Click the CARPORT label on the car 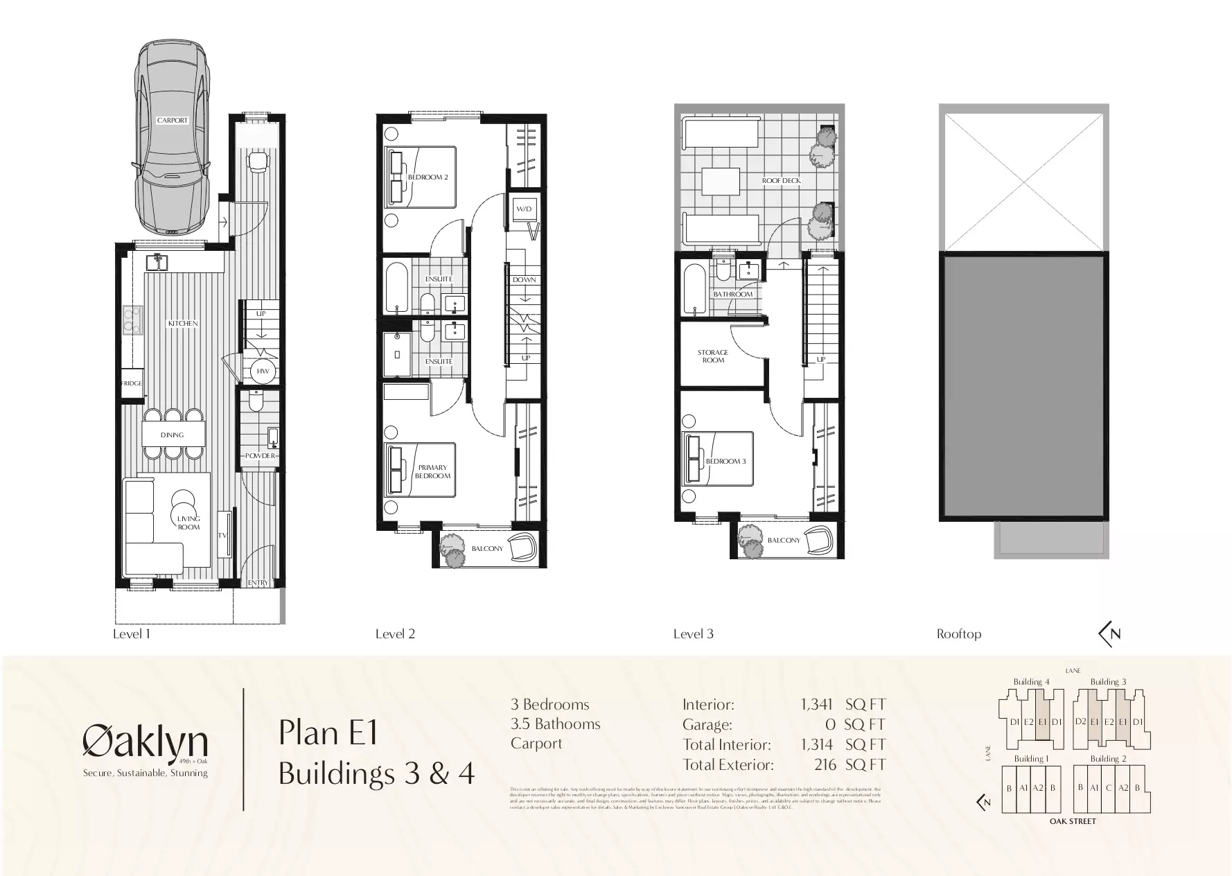[x=172, y=120]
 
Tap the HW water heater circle [x=263, y=371]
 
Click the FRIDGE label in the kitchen [x=131, y=383]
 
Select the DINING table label [x=172, y=435]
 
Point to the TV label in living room [x=222, y=535]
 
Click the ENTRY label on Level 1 [x=258, y=583]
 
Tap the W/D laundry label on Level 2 [x=523, y=209]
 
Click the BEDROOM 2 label [x=428, y=177]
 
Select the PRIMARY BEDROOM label [x=432, y=471]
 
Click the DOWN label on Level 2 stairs [x=525, y=280]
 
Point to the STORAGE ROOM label [x=713, y=356]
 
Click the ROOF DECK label [x=781, y=181]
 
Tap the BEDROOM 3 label [x=725, y=462]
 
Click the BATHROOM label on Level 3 [x=732, y=295]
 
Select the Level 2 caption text [x=395, y=633]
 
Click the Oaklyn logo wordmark [x=146, y=742]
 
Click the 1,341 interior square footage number [x=816, y=705]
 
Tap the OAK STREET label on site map [x=1073, y=821]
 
